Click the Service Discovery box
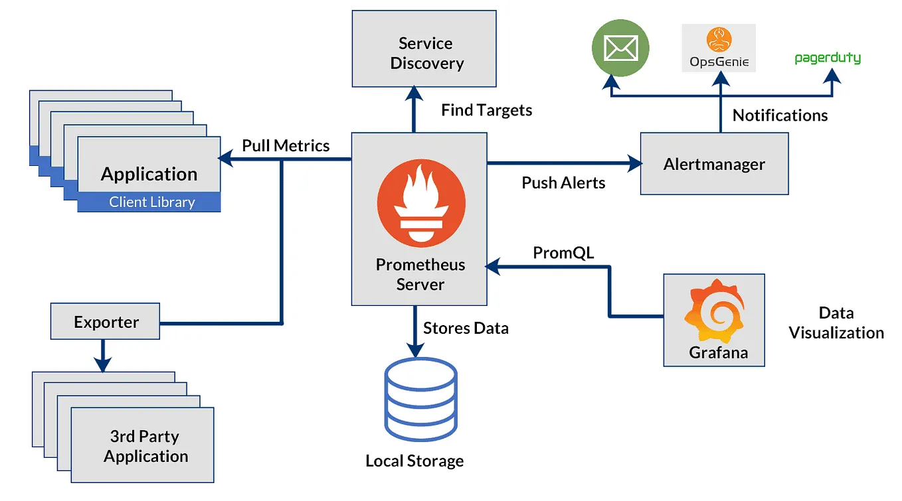click(424, 48)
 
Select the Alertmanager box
click(714, 164)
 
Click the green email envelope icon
click(620, 48)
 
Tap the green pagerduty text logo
click(827, 58)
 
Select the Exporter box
click(106, 322)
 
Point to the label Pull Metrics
click(286, 145)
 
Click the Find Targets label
click(486, 110)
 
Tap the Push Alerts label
click(563, 183)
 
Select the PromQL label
click(563, 253)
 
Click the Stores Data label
click(466, 328)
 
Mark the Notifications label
click(780, 115)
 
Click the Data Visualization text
click(836, 323)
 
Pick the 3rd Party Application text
click(145, 446)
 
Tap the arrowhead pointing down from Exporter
click(102, 364)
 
